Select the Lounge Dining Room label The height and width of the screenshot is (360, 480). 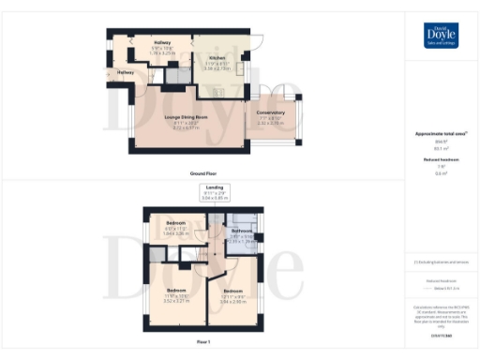click(x=185, y=116)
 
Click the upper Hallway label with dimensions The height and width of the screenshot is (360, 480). click(x=163, y=43)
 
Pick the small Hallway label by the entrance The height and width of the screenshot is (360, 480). click(x=126, y=72)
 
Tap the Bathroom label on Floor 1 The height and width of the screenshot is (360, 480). click(x=242, y=230)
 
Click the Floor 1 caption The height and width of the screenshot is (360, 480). click(x=202, y=342)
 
